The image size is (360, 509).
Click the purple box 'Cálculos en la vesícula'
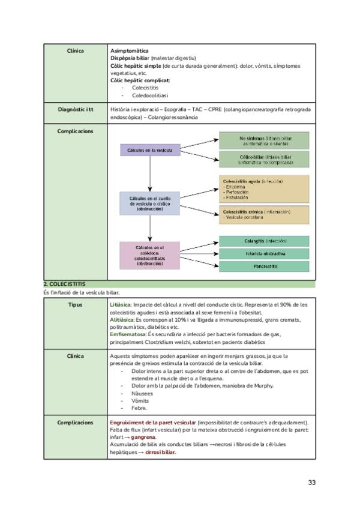pos(150,150)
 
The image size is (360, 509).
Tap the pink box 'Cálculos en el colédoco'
pos(149,255)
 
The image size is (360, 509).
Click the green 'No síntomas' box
pos(265,141)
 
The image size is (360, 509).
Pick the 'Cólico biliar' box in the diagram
pos(265,159)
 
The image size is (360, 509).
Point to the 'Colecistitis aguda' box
pos(265,188)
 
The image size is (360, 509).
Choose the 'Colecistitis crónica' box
pos(265,215)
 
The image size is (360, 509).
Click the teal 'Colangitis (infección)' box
pos(265,241)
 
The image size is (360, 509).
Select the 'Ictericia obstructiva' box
pos(265,253)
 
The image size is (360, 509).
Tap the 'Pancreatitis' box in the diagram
pos(265,266)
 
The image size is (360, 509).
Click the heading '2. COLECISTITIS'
pos(64,283)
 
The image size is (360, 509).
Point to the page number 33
pos(311,482)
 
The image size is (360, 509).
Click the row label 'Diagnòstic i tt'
pos(76,110)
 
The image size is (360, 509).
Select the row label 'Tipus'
pos(76,304)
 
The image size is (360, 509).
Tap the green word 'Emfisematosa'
pos(128,334)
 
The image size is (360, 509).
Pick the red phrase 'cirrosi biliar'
pos(160,452)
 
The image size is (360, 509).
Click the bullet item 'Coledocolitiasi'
pos(150,95)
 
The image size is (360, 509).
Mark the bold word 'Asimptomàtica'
pos(130,50)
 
